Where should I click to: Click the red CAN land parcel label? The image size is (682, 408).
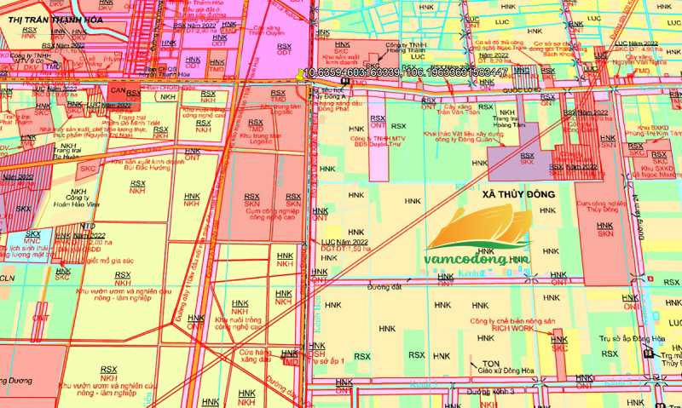pos(118,92)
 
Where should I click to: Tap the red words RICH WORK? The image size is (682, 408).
pos(511,327)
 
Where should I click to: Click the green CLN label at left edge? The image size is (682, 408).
pos(8,278)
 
